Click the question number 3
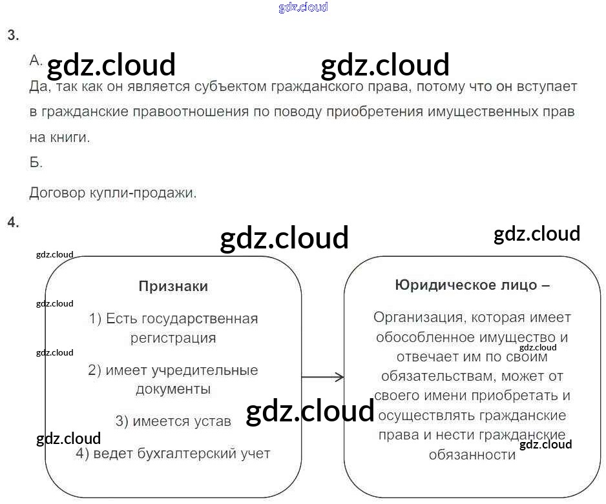(13, 35)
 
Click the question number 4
(13, 223)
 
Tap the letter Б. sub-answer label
(36, 163)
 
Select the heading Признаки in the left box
(173, 287)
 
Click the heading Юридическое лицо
(472, 285)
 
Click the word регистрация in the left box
(173, 338)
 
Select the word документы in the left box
(173, 389)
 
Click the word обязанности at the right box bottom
(472, 455)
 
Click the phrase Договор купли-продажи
(113, 192)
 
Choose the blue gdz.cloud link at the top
(303, 7)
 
